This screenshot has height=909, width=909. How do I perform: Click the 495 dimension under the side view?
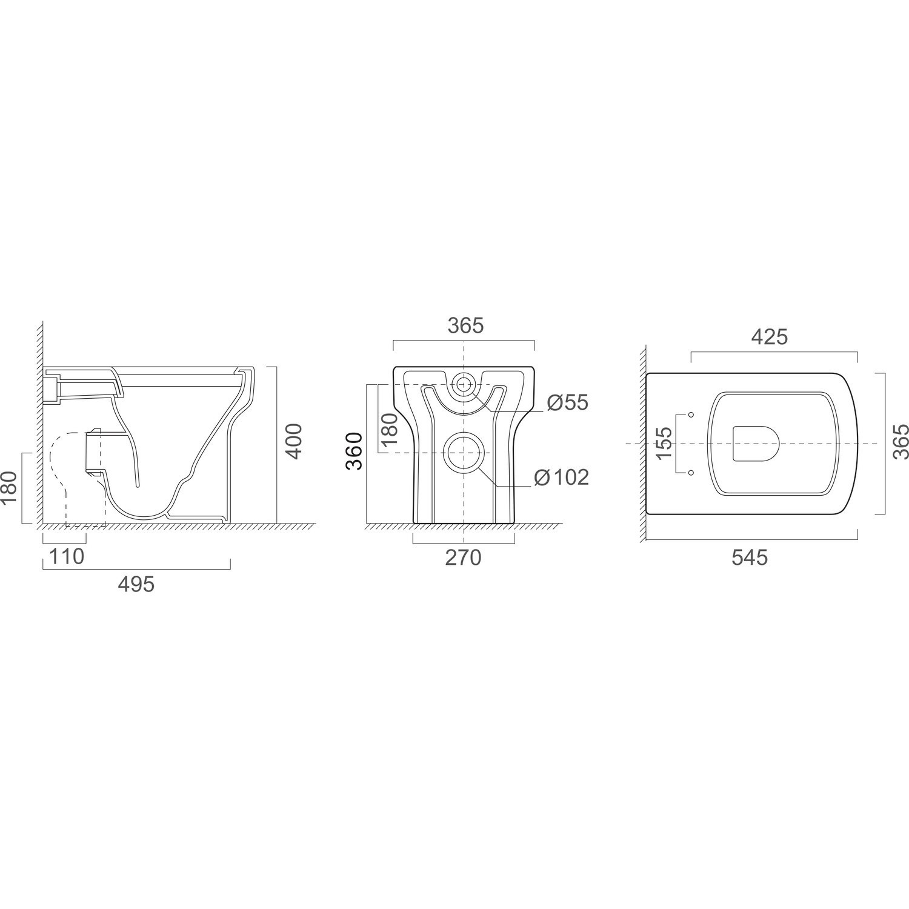pos(136,584)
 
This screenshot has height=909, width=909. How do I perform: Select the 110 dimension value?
pos(67,556)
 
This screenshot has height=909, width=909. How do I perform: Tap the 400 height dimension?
pos(293,441)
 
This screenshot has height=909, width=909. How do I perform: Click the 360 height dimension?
pos(354,451)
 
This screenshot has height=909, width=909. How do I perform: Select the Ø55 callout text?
pos(567,402)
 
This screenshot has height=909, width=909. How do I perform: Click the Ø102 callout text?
pos(562,478)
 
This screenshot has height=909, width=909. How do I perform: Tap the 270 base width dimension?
pos(463,558)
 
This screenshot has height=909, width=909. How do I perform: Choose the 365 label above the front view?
pos(466,325)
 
